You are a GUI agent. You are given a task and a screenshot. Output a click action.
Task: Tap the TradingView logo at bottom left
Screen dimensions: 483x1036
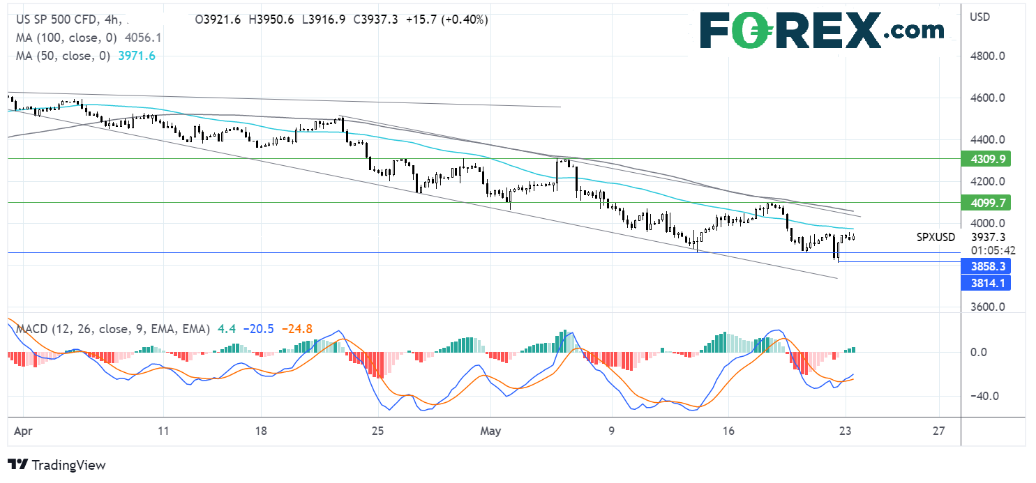pyautogui.click(x=57, y=465)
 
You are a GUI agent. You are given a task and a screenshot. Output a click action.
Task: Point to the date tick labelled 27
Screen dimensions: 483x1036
pyautogui.click(x=939, y=431)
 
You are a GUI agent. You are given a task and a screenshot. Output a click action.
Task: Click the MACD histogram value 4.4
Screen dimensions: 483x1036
pyautogui.click(x=227, y=328)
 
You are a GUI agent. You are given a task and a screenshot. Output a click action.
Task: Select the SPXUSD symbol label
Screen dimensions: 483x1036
pyautogui.click(x=936, y=237)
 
